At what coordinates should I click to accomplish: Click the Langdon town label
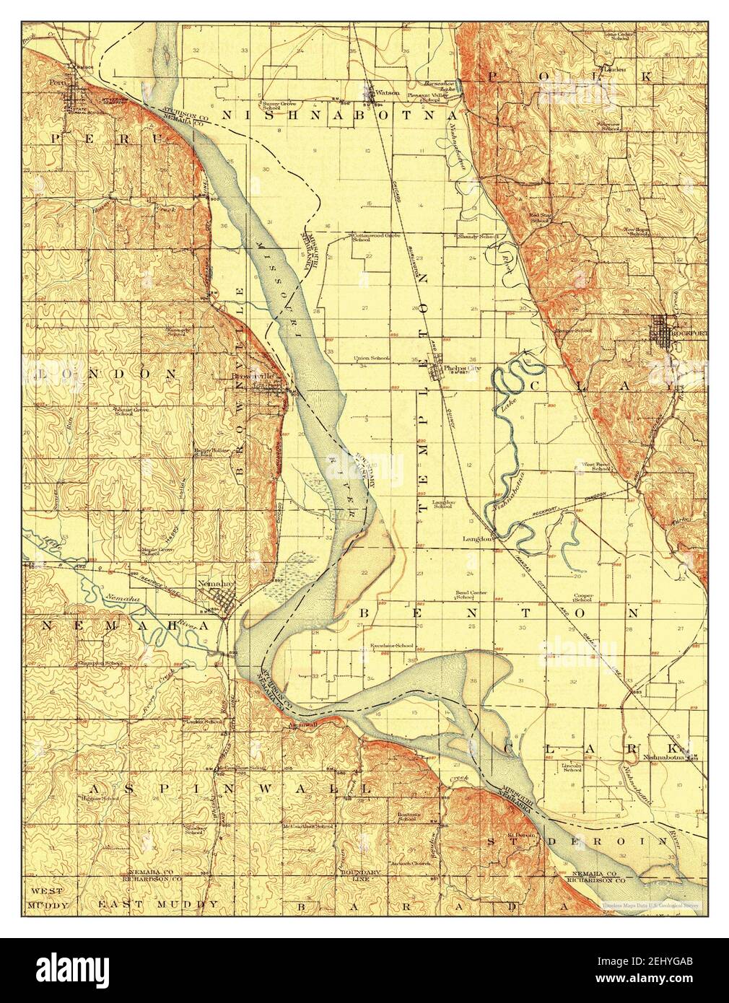click(x=478, y=538)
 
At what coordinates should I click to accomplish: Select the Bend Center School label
click(x=470, y=595)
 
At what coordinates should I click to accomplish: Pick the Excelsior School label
click(x=391, y=644)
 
